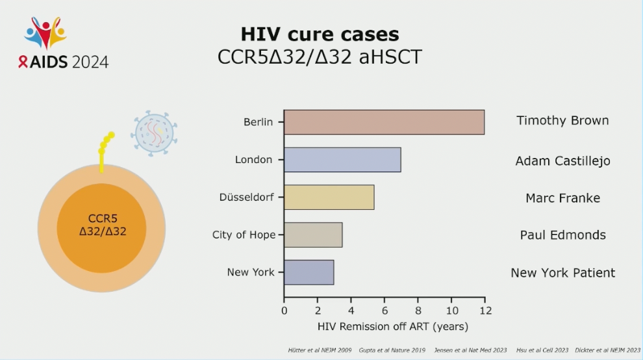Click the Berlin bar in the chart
384,122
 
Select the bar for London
342,160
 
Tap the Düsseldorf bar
329,198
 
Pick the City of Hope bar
313,235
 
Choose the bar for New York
309,272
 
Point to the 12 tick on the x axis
485,310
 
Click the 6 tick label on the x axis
385,310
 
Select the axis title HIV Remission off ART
393,326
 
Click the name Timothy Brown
562,121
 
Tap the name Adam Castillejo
562,161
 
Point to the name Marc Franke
562,198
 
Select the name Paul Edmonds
562,235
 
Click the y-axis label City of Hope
244,235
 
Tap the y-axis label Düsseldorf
246,198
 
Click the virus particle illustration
154,133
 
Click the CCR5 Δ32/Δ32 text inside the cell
102,225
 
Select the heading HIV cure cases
320,34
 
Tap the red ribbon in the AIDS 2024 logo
23,62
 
